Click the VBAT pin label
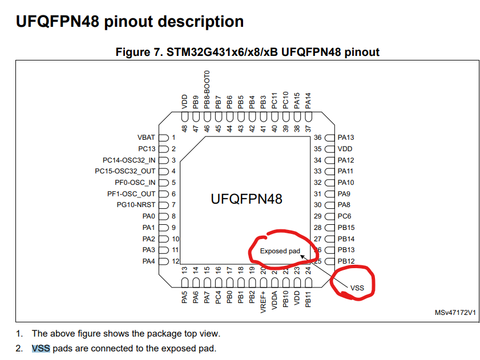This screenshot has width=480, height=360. pos(147,137)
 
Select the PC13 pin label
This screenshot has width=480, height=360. pos(147,149)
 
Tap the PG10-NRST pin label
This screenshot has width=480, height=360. pos(136,204)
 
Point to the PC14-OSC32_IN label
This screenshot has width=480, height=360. pos(129,160)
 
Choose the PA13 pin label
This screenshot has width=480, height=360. pos(346,137)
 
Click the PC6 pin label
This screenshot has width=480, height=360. pos(344,216)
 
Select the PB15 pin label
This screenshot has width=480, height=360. pos(346,228)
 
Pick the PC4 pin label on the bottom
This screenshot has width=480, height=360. pos(219,297)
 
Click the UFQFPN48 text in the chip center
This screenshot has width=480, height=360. pos(247,199)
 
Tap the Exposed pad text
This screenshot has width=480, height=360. pos(280,251)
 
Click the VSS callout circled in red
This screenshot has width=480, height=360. pos(357,288)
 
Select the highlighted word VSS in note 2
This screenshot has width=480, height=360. pos(41,348)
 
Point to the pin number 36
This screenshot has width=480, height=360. pos(318,137)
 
